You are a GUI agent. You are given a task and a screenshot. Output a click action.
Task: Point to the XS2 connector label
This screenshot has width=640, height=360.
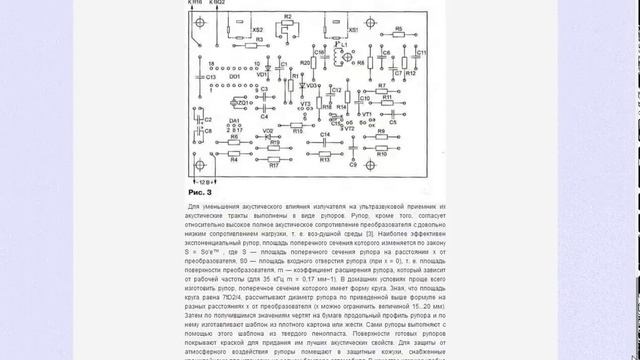258,31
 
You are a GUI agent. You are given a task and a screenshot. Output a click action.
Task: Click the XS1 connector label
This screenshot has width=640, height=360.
353,31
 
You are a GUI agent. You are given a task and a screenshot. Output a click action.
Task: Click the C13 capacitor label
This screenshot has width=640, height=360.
196,76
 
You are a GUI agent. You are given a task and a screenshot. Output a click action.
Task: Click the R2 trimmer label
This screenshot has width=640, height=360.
287,18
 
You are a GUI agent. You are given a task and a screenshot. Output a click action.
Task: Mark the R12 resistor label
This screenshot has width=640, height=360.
411,74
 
